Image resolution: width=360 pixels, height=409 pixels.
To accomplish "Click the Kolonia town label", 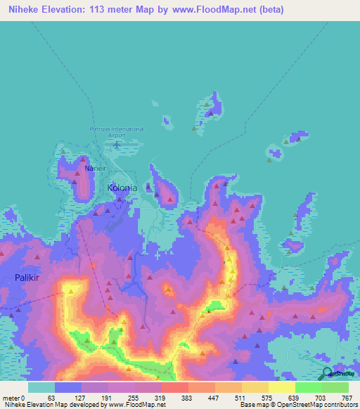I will tap(122, 188).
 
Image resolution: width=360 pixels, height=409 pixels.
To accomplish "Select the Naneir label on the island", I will tap(94, 169).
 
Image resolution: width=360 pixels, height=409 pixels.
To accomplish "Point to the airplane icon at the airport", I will tap(117, 145).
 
